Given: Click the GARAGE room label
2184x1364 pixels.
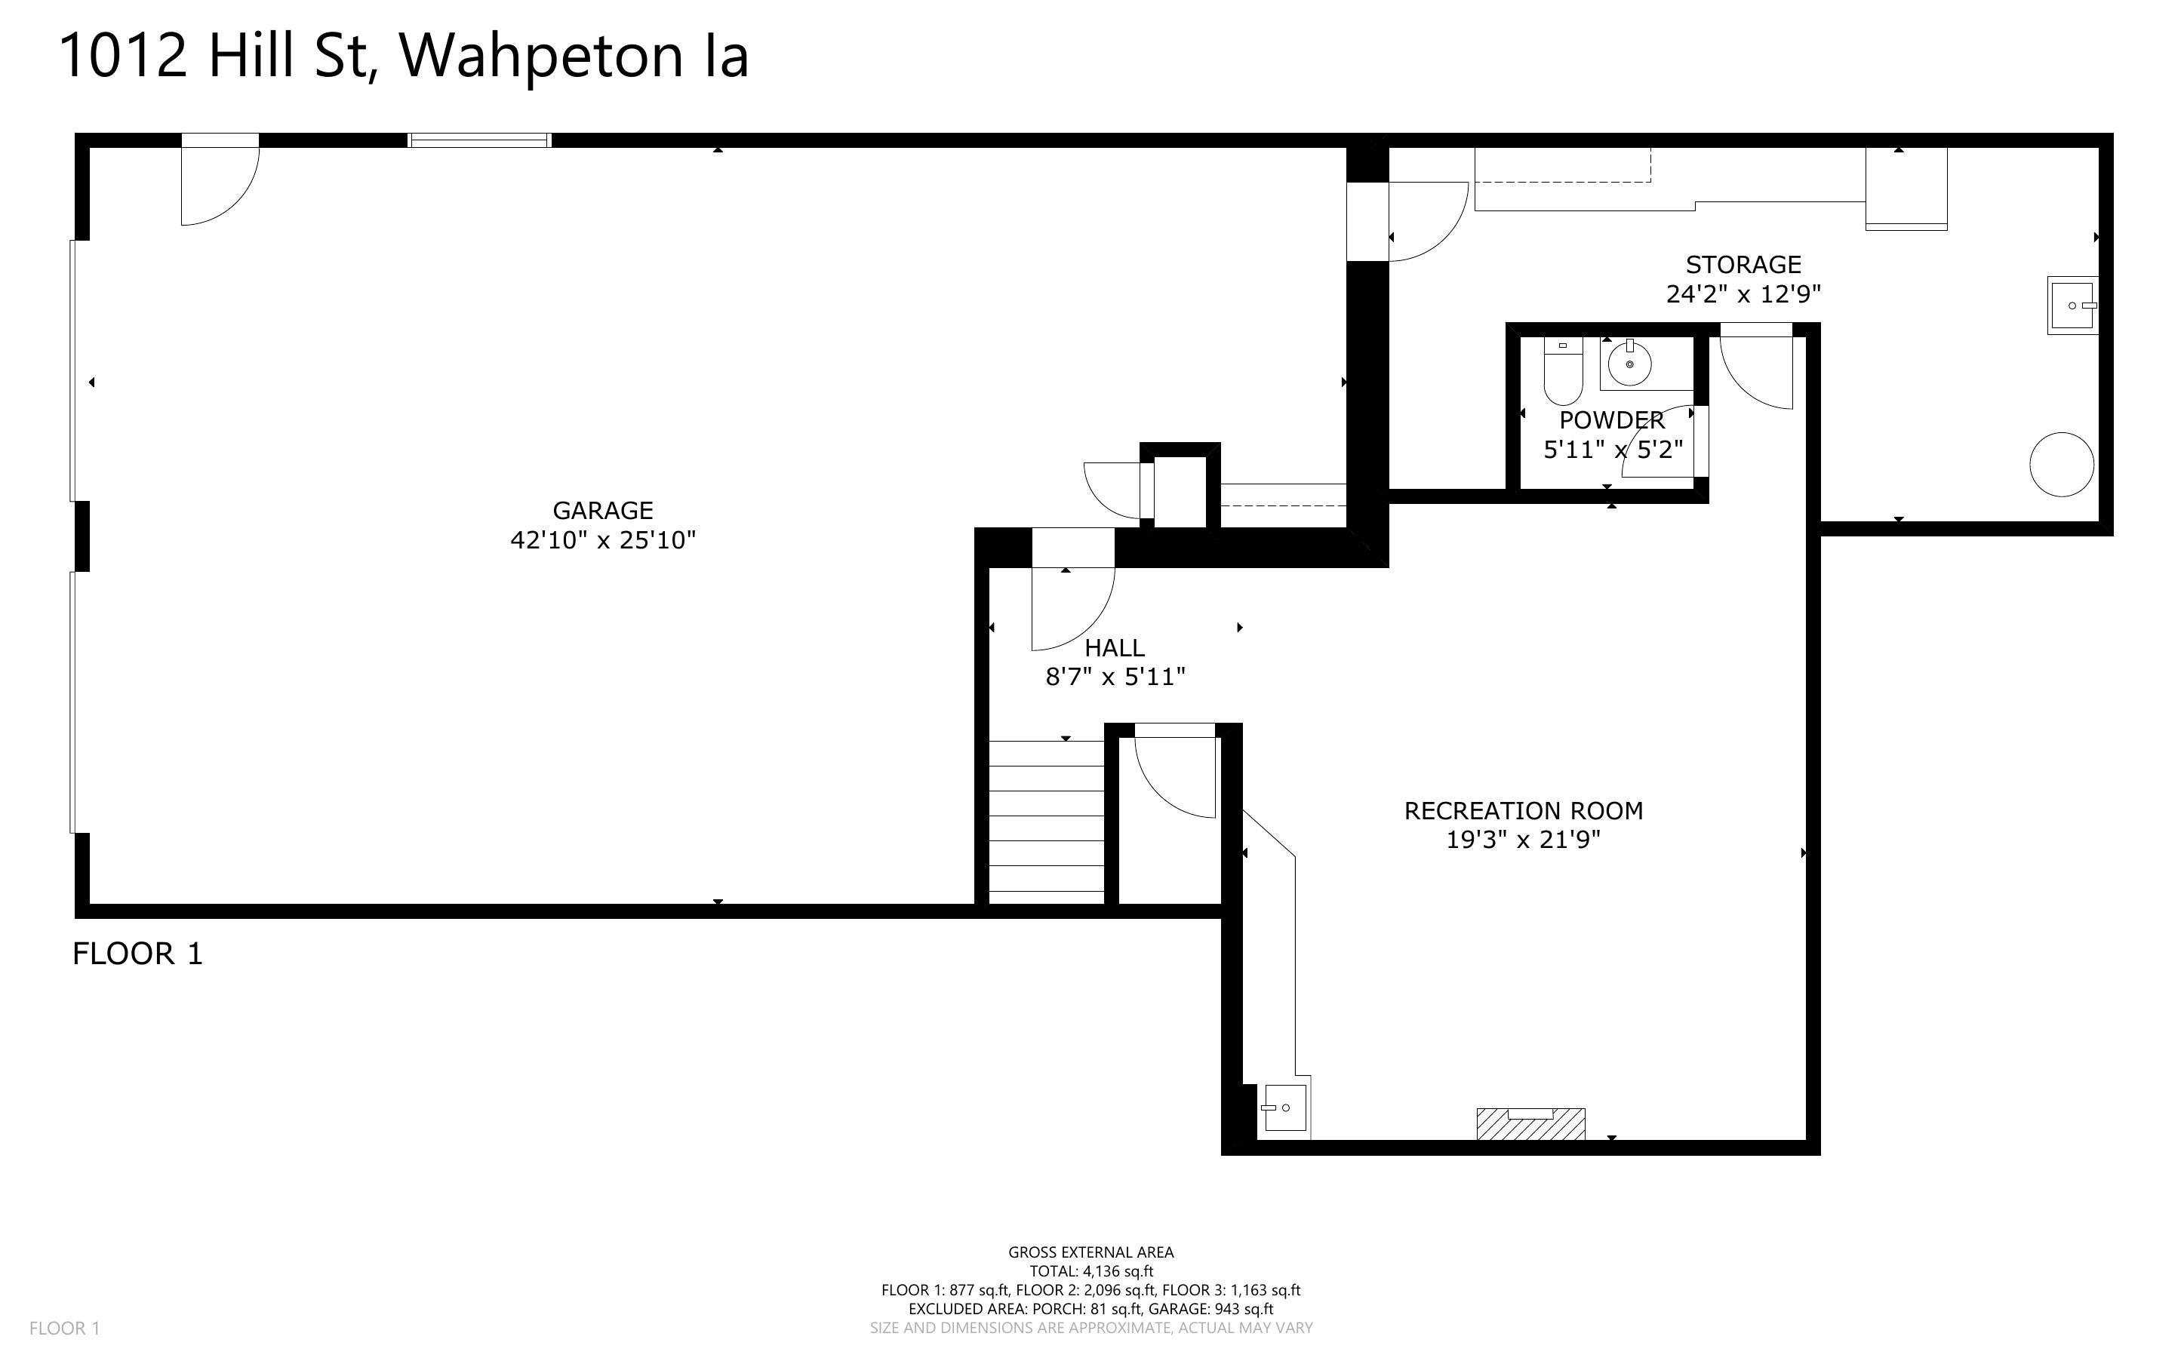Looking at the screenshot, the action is coord(603,511).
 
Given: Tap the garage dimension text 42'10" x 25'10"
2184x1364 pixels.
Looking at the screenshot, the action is coord(603,540).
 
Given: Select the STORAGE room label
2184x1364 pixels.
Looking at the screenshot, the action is coord(1743,264).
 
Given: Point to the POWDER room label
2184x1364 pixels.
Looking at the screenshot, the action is coord(1611,420).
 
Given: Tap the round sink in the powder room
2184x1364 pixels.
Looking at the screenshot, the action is coord(1629,364).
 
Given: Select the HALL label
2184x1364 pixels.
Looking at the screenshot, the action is coord(1114,648).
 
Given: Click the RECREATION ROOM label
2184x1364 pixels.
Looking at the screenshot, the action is coord(1523,811).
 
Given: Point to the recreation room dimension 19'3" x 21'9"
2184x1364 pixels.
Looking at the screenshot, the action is coord(1523,840).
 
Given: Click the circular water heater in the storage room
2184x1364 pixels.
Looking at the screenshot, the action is coord(2060,465).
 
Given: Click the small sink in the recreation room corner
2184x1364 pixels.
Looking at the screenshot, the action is coord(1282,1107).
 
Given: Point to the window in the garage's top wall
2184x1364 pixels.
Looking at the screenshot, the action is coord(479,140).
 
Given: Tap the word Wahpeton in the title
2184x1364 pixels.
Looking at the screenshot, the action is coord(541,56).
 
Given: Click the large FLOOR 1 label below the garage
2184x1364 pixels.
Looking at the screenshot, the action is coord(137,954).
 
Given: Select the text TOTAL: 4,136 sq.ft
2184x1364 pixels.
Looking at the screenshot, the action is coord(1090,1271).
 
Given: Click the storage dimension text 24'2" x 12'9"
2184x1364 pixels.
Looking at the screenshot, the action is coord(1743,294).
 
